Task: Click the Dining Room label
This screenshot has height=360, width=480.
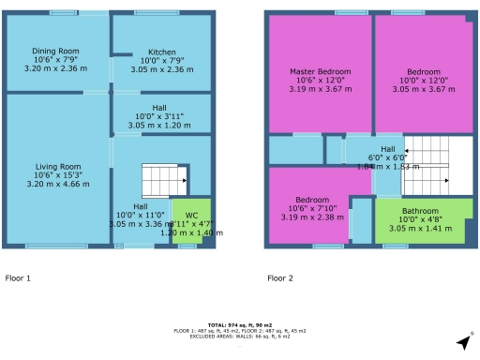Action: point(55,51)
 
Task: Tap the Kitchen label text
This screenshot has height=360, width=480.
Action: point(148,52)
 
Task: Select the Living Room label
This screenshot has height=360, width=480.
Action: point(56,167)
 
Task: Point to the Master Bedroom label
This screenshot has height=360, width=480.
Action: point(320,72)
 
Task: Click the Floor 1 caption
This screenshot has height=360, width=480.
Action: point(18,278)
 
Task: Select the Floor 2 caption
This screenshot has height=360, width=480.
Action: point(280,278)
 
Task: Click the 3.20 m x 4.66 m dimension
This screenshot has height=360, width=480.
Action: point(56,185)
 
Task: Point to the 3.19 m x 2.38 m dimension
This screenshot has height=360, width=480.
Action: point(312,217)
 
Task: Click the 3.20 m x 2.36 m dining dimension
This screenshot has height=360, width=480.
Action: point(55,68)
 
